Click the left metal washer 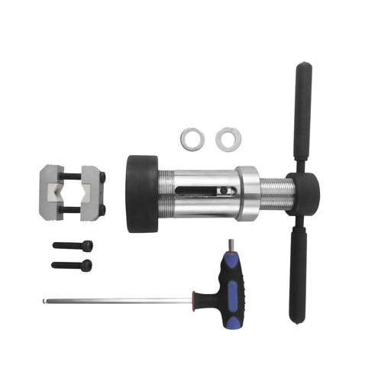[192, 139]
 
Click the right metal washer [226, 138]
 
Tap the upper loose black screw [73, 246]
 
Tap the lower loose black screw [72, 265]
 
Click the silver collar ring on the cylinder [247, 195]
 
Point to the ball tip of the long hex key [44, 300]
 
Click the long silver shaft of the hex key [115, 299]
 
